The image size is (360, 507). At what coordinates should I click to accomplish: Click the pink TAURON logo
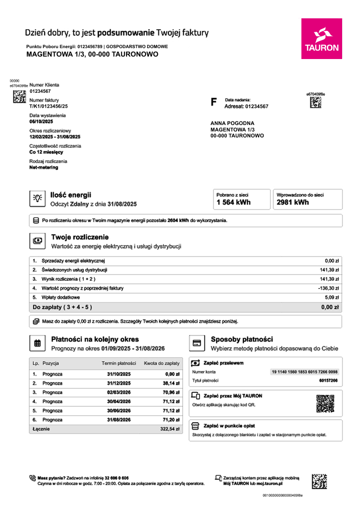(321, 39)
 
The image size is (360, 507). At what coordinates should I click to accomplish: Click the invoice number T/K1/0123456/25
(49, 106)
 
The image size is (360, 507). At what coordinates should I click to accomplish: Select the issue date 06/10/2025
(41, 122)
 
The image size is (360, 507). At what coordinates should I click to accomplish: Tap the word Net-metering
(44, 168)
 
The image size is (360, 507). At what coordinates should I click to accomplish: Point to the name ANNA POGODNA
(232, 123)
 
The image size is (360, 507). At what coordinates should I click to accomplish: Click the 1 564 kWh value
(233, 202)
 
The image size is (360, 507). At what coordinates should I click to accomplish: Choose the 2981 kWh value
(293, 202)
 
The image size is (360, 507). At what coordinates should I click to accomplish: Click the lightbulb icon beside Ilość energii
(37, 198)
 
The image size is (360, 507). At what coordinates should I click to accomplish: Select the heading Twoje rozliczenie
(79, 237)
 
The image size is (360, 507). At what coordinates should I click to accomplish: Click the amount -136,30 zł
(328, 288)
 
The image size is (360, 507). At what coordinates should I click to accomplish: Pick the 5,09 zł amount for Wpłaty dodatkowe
(331, 297)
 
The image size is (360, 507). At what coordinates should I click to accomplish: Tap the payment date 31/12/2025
(119, 383)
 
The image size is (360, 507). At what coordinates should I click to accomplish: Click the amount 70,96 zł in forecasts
(171, 392)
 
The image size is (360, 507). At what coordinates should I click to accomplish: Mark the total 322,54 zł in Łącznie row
(169, 429)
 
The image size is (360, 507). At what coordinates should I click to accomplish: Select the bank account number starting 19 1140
(304, 372)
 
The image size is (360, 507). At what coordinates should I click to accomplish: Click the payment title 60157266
(328, 380)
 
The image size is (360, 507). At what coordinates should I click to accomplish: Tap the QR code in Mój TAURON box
(325, 403)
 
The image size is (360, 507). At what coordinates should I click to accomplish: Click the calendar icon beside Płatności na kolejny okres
(37, 343)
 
